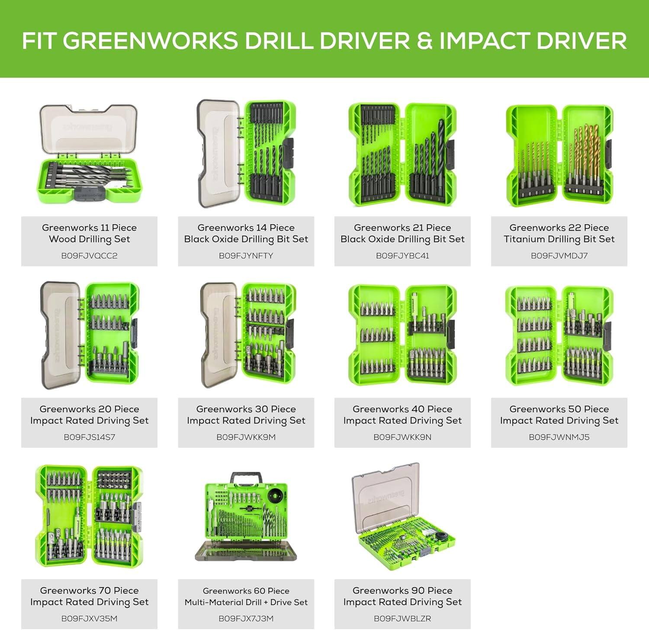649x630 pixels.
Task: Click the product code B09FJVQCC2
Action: point(89,256)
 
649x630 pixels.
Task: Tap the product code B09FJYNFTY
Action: point(246,256)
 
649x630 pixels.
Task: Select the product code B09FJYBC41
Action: point(402,256)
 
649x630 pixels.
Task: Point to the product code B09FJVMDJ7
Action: point(559,256)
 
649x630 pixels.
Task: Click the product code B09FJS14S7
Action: point(89,437)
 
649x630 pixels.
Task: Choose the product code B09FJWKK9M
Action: point(246,437)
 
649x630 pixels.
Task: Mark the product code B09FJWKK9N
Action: point(402,437)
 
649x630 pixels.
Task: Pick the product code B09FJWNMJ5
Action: point(559,437)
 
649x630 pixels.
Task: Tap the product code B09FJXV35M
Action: point(89,618)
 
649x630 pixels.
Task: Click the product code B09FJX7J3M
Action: point(246,618)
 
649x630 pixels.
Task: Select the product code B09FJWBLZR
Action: point(402,618)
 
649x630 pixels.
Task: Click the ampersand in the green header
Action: point(424,41)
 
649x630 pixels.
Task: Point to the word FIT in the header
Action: point(40,41)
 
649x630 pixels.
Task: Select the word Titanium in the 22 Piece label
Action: point(524,239)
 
